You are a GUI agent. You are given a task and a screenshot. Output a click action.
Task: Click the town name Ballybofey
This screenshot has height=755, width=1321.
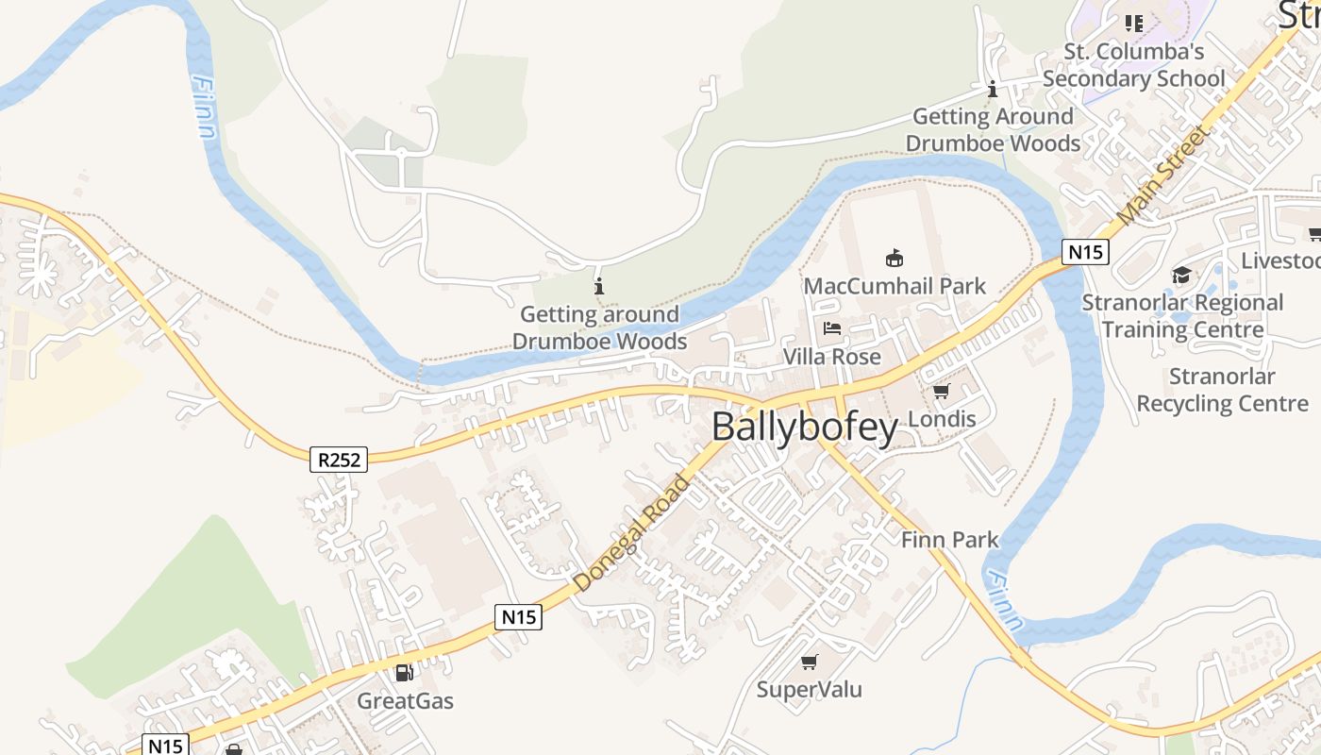pos(805,428)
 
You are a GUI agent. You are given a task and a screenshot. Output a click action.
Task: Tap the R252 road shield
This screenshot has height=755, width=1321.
pos(338,460)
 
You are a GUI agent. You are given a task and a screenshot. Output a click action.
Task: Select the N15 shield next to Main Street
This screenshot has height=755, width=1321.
pos(1085,252)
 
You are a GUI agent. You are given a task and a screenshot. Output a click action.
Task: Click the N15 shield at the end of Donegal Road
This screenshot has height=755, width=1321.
pos(518,617)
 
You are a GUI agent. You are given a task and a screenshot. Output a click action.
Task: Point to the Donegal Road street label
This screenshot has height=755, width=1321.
pos(632,534)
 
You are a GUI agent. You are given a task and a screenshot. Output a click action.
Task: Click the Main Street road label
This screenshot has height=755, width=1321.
pos(1162,176)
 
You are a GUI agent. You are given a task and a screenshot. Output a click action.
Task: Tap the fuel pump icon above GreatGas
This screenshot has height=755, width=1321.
pos(404,672)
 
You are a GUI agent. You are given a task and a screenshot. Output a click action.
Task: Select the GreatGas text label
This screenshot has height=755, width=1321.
pos(405,701)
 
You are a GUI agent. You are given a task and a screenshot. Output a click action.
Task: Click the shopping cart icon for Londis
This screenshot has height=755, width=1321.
pos(941,391)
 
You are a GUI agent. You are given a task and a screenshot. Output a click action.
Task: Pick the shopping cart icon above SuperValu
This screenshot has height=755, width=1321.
pos(809,662)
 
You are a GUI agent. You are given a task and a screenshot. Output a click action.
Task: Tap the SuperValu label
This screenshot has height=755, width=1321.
pos(810,690)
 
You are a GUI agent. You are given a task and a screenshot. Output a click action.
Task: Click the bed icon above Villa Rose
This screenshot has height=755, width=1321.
pos(831,328)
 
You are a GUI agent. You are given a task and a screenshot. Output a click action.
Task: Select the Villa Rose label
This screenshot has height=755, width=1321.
pos(832,357)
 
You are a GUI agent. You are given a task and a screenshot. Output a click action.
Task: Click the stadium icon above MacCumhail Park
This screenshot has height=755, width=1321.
pos(895,258)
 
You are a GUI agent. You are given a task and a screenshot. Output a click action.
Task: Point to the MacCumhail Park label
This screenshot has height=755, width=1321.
pos(895,286)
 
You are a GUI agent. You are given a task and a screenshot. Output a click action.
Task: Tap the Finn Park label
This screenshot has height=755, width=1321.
pos(949,540)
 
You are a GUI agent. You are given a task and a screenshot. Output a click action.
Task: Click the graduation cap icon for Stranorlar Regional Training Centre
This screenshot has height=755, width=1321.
pos(1181,275)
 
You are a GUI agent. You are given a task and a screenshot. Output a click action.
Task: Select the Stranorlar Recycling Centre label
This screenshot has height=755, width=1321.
pos(1222,390)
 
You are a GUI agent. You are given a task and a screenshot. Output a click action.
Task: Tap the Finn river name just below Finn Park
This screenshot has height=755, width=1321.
pos(1002,601)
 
